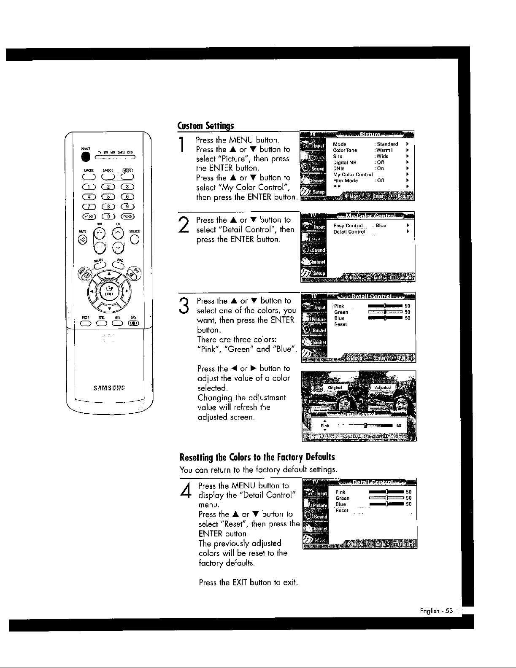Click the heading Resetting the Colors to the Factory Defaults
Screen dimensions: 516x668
pyautogui.click(x=257, y=457)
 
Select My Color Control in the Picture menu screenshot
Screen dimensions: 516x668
pyautogui.click(x=353, y=175)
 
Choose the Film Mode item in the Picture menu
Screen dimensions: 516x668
pyautogui.click(x=345, y=180)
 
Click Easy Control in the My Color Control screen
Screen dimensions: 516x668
pyautogui.click(x=348, y=226)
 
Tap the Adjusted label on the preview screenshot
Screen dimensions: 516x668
pyautogui.click(x=383, y=388)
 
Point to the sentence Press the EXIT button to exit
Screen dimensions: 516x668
pyautogui.click(x=248, y=583)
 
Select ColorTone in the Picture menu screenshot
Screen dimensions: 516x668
pyautogui.click(x=345, y=150)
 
